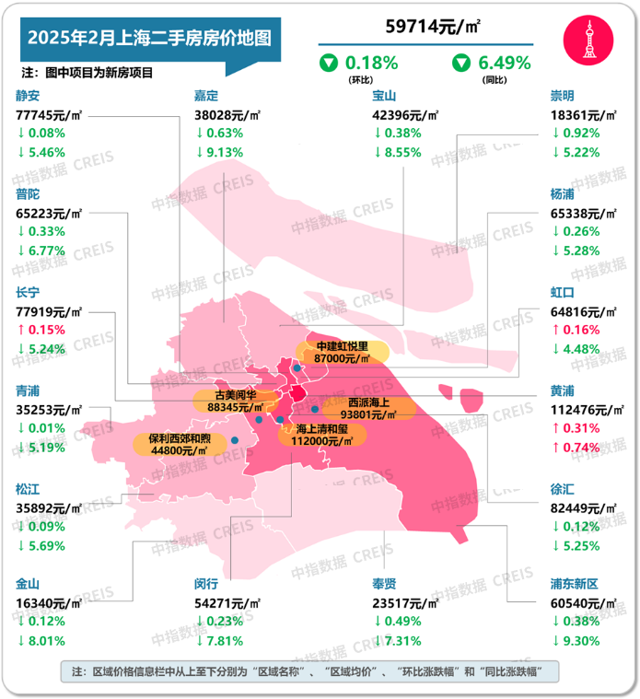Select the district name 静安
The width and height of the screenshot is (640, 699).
29,95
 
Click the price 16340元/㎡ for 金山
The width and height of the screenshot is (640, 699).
49,602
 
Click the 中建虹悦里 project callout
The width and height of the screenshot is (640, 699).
341,352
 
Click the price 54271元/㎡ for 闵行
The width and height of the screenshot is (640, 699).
227,602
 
